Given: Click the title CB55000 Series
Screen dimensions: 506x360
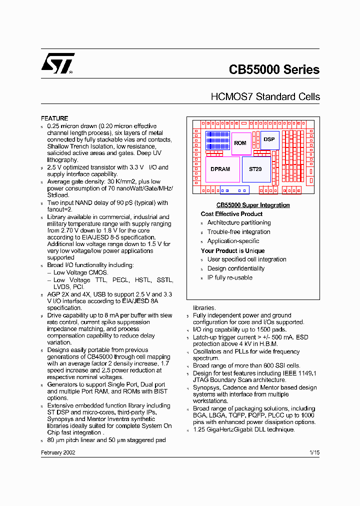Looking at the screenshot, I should click(x=274, y=70).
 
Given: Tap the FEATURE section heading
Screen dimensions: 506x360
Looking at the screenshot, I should click(x=54, y=118).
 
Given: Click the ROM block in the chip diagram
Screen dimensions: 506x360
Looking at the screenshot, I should click(x=240, y=143).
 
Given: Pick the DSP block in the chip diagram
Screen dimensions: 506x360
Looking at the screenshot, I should click(x=269, y=139).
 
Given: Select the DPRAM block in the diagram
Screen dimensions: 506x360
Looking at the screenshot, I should click(x=220, y=169).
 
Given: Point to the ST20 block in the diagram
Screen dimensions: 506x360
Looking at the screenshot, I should click(x=255, y=169).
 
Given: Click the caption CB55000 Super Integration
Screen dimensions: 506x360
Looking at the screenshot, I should click(x=252, y=205).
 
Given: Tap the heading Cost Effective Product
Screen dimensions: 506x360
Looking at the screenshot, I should click(x=231, y=214).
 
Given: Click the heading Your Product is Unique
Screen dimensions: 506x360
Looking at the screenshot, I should click(x=232, y=251).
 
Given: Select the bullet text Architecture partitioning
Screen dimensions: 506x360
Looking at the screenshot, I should click(x=239, y=223).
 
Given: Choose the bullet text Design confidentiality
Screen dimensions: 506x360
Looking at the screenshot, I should click(x=236, y=268).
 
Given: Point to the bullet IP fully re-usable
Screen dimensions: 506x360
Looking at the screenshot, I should click(x=230, y=277).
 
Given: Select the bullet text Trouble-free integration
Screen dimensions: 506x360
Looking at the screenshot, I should click(x=238, y=232).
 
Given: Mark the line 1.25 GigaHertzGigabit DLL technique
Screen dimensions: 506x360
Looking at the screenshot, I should click(x=244, y=429).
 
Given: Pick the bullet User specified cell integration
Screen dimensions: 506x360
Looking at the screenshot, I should click(x=247, y=259).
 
